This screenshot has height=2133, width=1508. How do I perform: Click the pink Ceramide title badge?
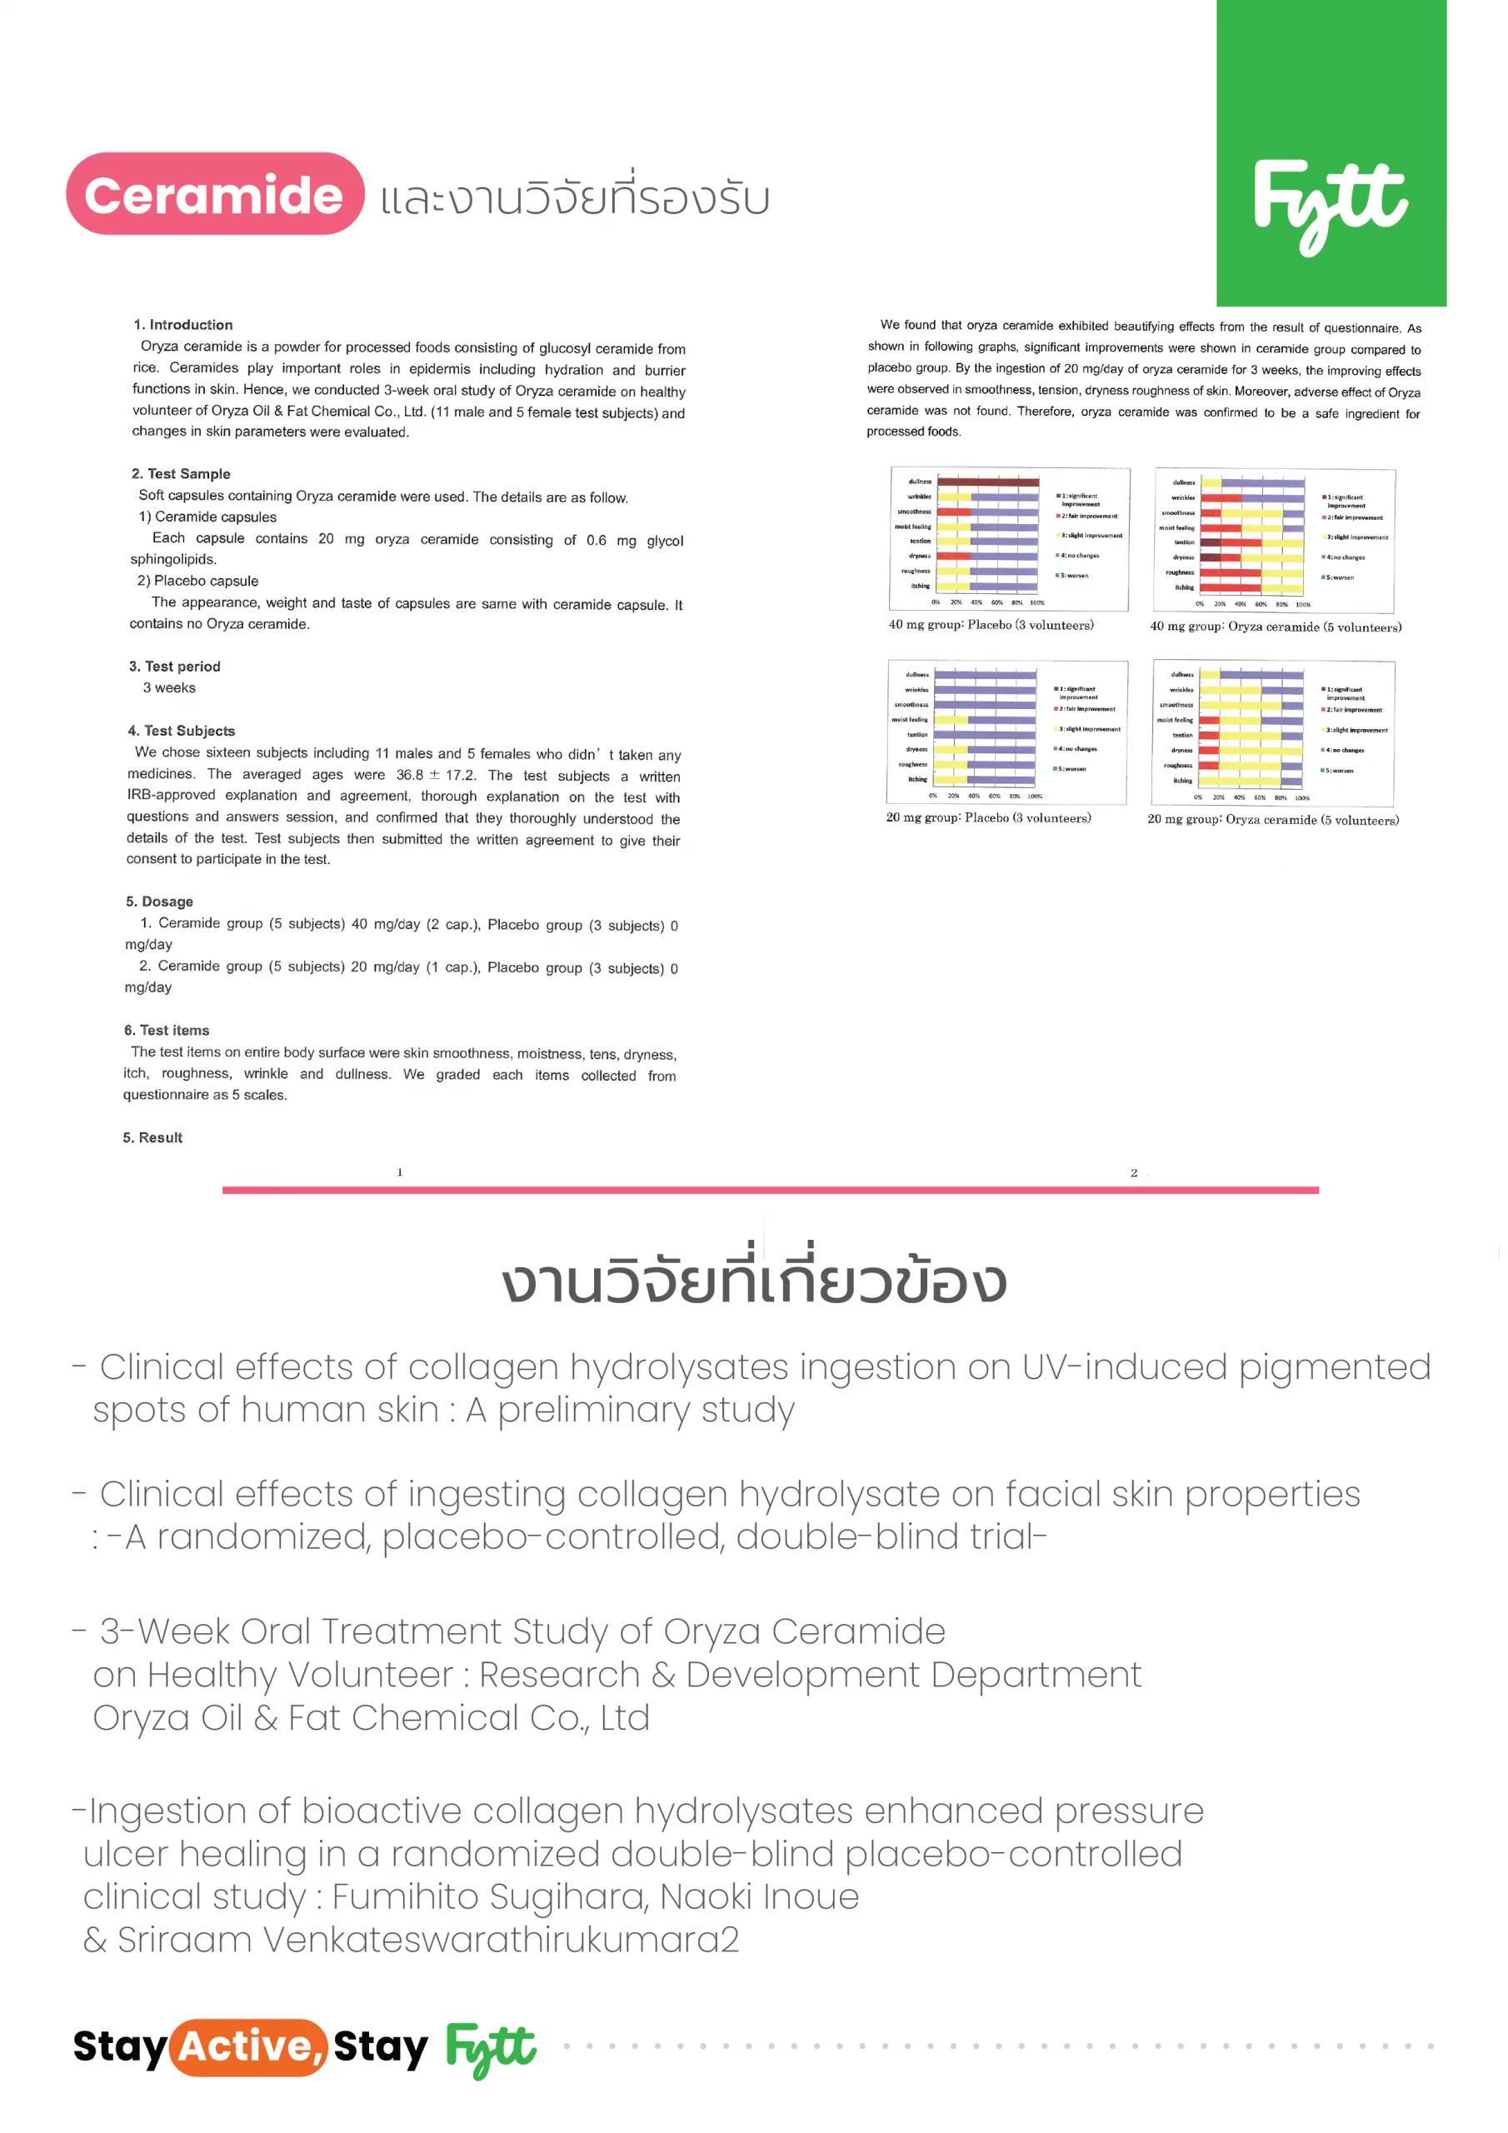pyautogui.click(x=215, y=194)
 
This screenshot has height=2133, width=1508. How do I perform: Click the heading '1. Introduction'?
pyautogui.click(x=183, y=324)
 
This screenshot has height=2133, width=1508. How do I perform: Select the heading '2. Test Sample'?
pyautogui.click(x=180, y=473)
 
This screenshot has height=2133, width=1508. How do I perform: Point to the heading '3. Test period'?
pyautogui.click(x=175, y=666)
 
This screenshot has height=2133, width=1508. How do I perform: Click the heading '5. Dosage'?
pyautogui.click(x=159, y=902)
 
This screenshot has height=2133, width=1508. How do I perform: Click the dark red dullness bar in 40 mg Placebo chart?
pyautogui.click(x=987, y=482)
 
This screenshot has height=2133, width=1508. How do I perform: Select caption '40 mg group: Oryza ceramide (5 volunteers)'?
pyautogui.click(x=1276, y=627)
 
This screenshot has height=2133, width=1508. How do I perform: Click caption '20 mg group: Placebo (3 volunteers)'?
pyautogui.click(x=989, y=817)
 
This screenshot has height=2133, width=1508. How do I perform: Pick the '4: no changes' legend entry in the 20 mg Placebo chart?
pyautogui.click(x=1077, y=749)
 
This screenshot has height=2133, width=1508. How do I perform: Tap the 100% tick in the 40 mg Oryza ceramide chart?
pyautogui.click(x=1303, y=604)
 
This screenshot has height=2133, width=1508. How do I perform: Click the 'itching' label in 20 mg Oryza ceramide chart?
pyautogui.click(x=1182, y=781)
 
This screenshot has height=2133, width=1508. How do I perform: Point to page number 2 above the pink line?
pyautogui.click(x=1134, y=1172)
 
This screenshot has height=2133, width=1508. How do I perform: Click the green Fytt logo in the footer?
pyautogui.click(x=491, y=2049)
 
